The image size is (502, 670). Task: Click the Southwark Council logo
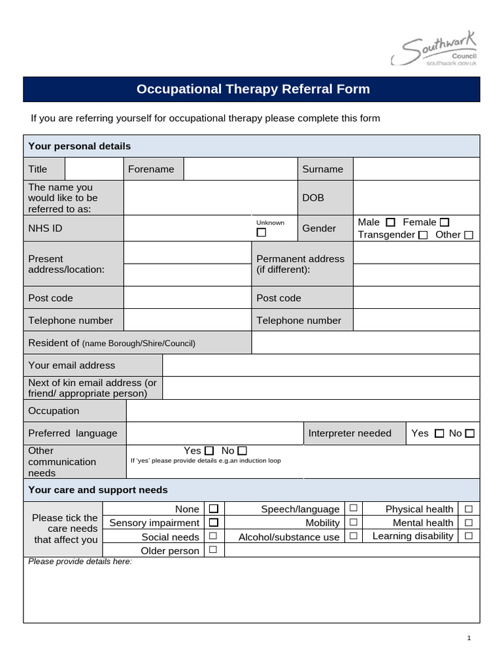[434, 51]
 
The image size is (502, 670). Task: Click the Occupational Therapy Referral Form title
[252, 89]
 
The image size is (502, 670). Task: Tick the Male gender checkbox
[391, 222]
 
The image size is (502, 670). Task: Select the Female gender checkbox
[445, 222]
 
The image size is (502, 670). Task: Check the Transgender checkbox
[423, 235]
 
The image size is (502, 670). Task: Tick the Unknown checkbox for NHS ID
[261, 233]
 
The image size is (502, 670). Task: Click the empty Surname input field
[416, 169]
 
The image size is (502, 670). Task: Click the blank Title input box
[93, 169]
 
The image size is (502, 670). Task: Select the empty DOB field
[416, 198]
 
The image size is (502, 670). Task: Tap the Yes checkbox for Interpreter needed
[439, 433]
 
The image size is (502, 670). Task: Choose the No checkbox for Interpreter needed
[470, 433]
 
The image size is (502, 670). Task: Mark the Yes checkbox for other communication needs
[209, 451]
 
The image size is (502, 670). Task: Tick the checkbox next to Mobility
[353, 522]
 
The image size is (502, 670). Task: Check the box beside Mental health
[468, 522]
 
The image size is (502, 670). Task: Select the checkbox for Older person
[212, 550]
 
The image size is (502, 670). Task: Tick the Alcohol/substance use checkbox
[353, 536]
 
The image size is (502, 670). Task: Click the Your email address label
[72, 365]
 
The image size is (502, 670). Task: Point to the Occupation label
[54, 411]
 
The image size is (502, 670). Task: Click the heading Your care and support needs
[98, 489]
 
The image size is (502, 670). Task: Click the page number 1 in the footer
[469, 638]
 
